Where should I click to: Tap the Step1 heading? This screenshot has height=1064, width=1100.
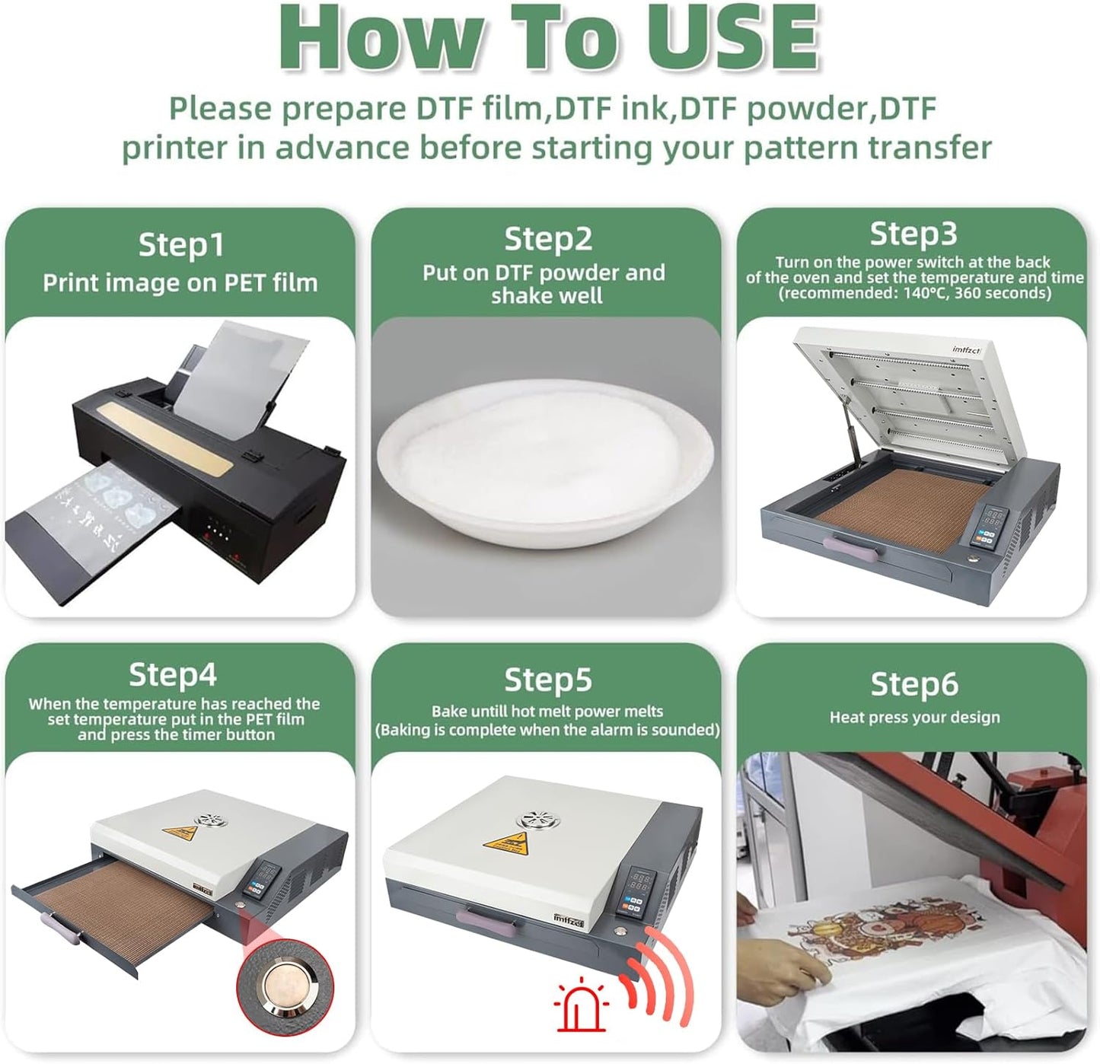(181, 244)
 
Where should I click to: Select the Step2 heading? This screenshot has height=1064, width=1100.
(548, 238)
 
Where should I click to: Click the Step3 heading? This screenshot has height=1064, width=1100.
(913, 233)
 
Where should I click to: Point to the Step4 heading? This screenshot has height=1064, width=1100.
(172, 674)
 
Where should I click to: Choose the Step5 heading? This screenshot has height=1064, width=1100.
(548, 679)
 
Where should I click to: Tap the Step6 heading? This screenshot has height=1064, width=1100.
(914, 683)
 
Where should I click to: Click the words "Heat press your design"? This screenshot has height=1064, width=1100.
(914, 718)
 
